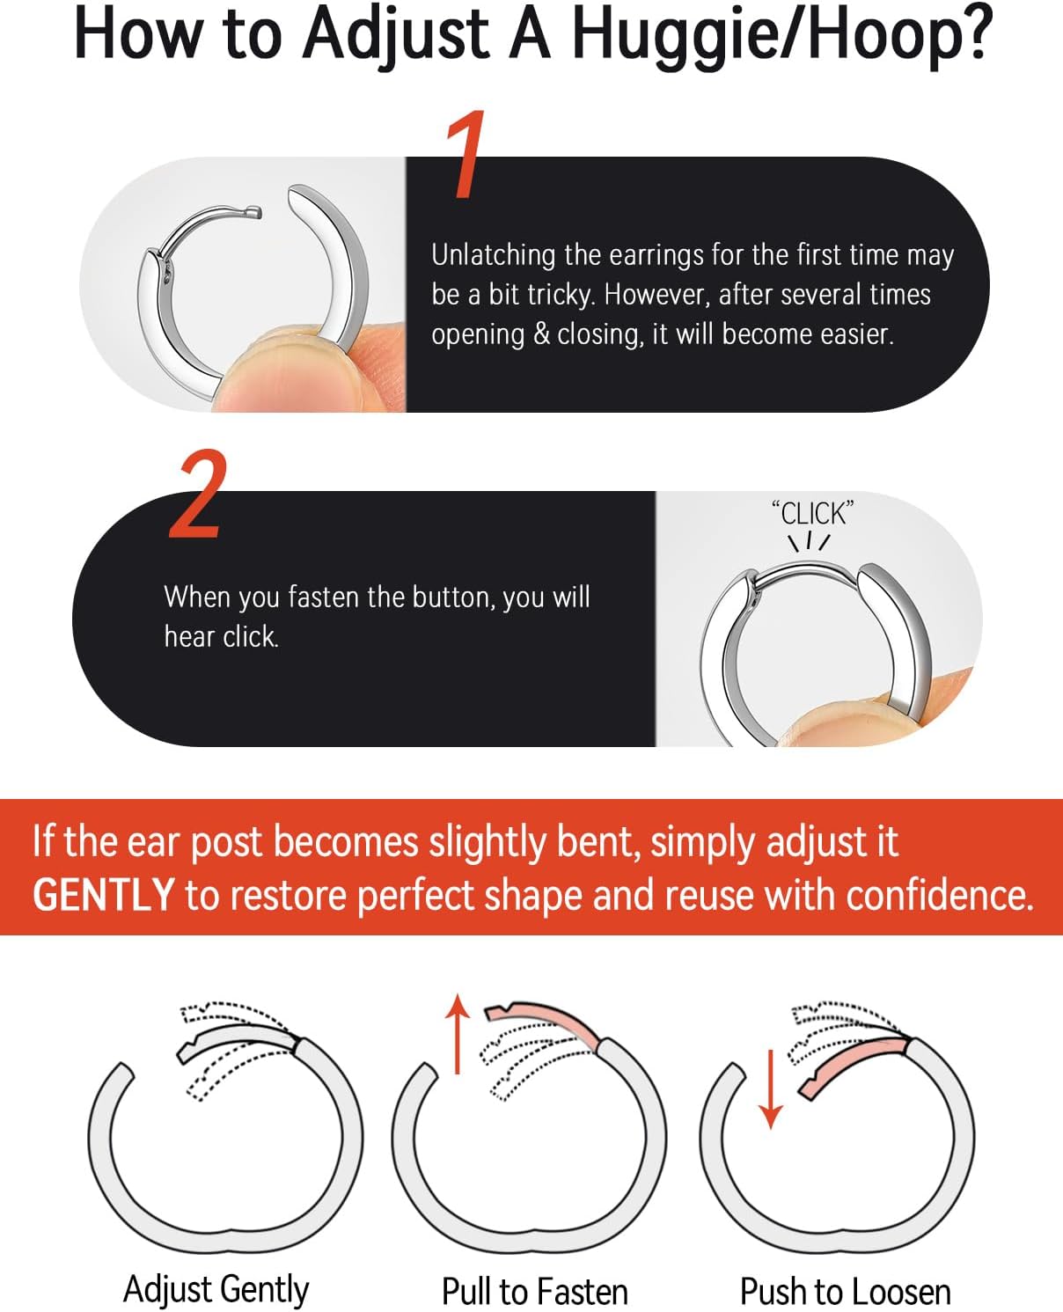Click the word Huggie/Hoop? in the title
[781, 35]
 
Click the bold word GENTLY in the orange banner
[103, 895]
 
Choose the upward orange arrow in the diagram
[458, 1034]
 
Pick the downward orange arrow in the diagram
[771, 1088]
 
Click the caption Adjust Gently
[216, 1290]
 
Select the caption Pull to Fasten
[534, 1292]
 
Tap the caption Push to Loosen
[845, 1292]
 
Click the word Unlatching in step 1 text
[494, 255]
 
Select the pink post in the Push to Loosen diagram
[854, 1060]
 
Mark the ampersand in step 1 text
[540, 334]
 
